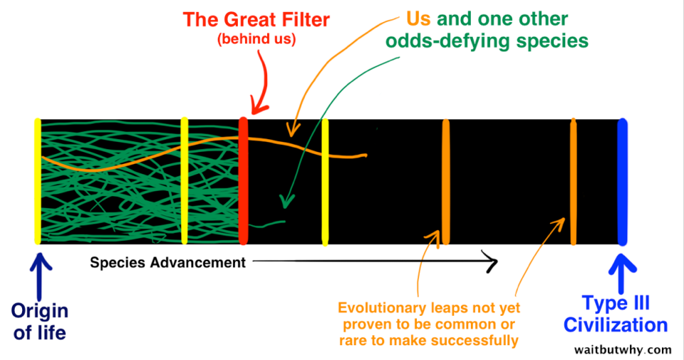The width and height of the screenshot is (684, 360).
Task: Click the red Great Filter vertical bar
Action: point(244,180)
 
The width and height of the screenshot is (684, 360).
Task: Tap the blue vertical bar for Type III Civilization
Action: point(623,182)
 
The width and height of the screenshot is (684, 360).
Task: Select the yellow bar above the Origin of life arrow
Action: point(38,180)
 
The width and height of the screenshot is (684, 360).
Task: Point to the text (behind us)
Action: point(256,38)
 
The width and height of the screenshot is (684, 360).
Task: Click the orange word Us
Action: point(418,19)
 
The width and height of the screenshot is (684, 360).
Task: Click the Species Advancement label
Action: point(168,262)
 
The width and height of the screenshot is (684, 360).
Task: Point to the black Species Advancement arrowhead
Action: point(491,262)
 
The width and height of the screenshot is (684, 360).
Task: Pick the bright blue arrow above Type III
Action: point(622,274)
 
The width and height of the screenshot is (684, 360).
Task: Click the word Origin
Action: point(40,312)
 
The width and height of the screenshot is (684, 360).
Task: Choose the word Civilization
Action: point(616,325)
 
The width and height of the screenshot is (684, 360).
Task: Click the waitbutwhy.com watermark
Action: point(623,349)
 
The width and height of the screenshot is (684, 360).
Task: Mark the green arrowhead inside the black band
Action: point(286,201)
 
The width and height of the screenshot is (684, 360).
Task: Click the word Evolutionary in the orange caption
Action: point(381,308)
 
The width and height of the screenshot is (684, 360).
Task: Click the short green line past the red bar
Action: point(267,224)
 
